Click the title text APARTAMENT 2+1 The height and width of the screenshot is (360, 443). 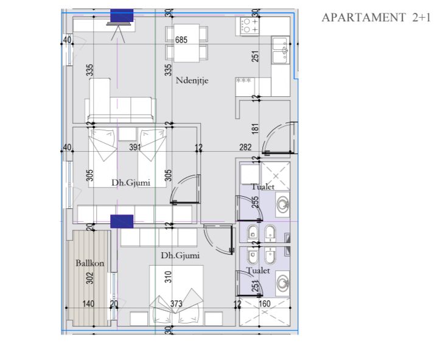376,18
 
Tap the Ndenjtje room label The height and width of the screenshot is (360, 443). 192,80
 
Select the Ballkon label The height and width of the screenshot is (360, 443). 90,263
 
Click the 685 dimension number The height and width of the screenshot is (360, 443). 181,40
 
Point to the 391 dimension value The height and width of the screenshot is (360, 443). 135,147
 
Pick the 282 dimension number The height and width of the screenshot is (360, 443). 245,147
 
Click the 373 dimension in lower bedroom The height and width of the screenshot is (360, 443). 176,304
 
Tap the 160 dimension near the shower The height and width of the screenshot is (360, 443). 265,304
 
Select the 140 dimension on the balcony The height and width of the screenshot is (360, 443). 88,304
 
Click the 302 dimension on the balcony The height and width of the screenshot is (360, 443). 89,278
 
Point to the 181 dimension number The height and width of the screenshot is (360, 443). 255,129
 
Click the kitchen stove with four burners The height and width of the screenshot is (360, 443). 249,26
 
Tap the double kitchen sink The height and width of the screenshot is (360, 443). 281,50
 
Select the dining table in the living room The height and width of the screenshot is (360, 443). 186,43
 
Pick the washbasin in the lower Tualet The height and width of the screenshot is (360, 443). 282,283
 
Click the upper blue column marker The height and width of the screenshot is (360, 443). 122,15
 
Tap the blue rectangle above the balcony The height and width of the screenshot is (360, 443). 122,222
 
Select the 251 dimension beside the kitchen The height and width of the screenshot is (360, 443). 255,56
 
